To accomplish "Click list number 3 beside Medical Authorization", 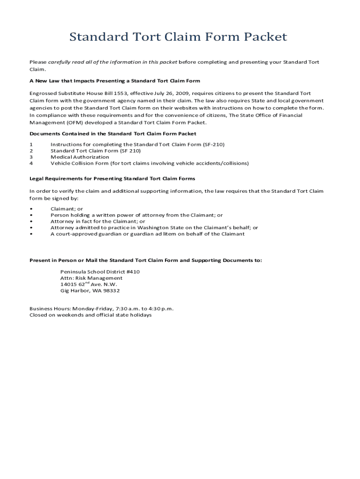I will [31, 157].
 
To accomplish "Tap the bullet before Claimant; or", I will [31, 209].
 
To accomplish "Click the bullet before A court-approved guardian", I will [31, 234].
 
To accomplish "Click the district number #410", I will [132, 271].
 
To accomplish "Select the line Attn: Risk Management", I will [91, 278].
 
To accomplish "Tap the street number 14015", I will [68, 284].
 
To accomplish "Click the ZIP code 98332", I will [112, 290].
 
